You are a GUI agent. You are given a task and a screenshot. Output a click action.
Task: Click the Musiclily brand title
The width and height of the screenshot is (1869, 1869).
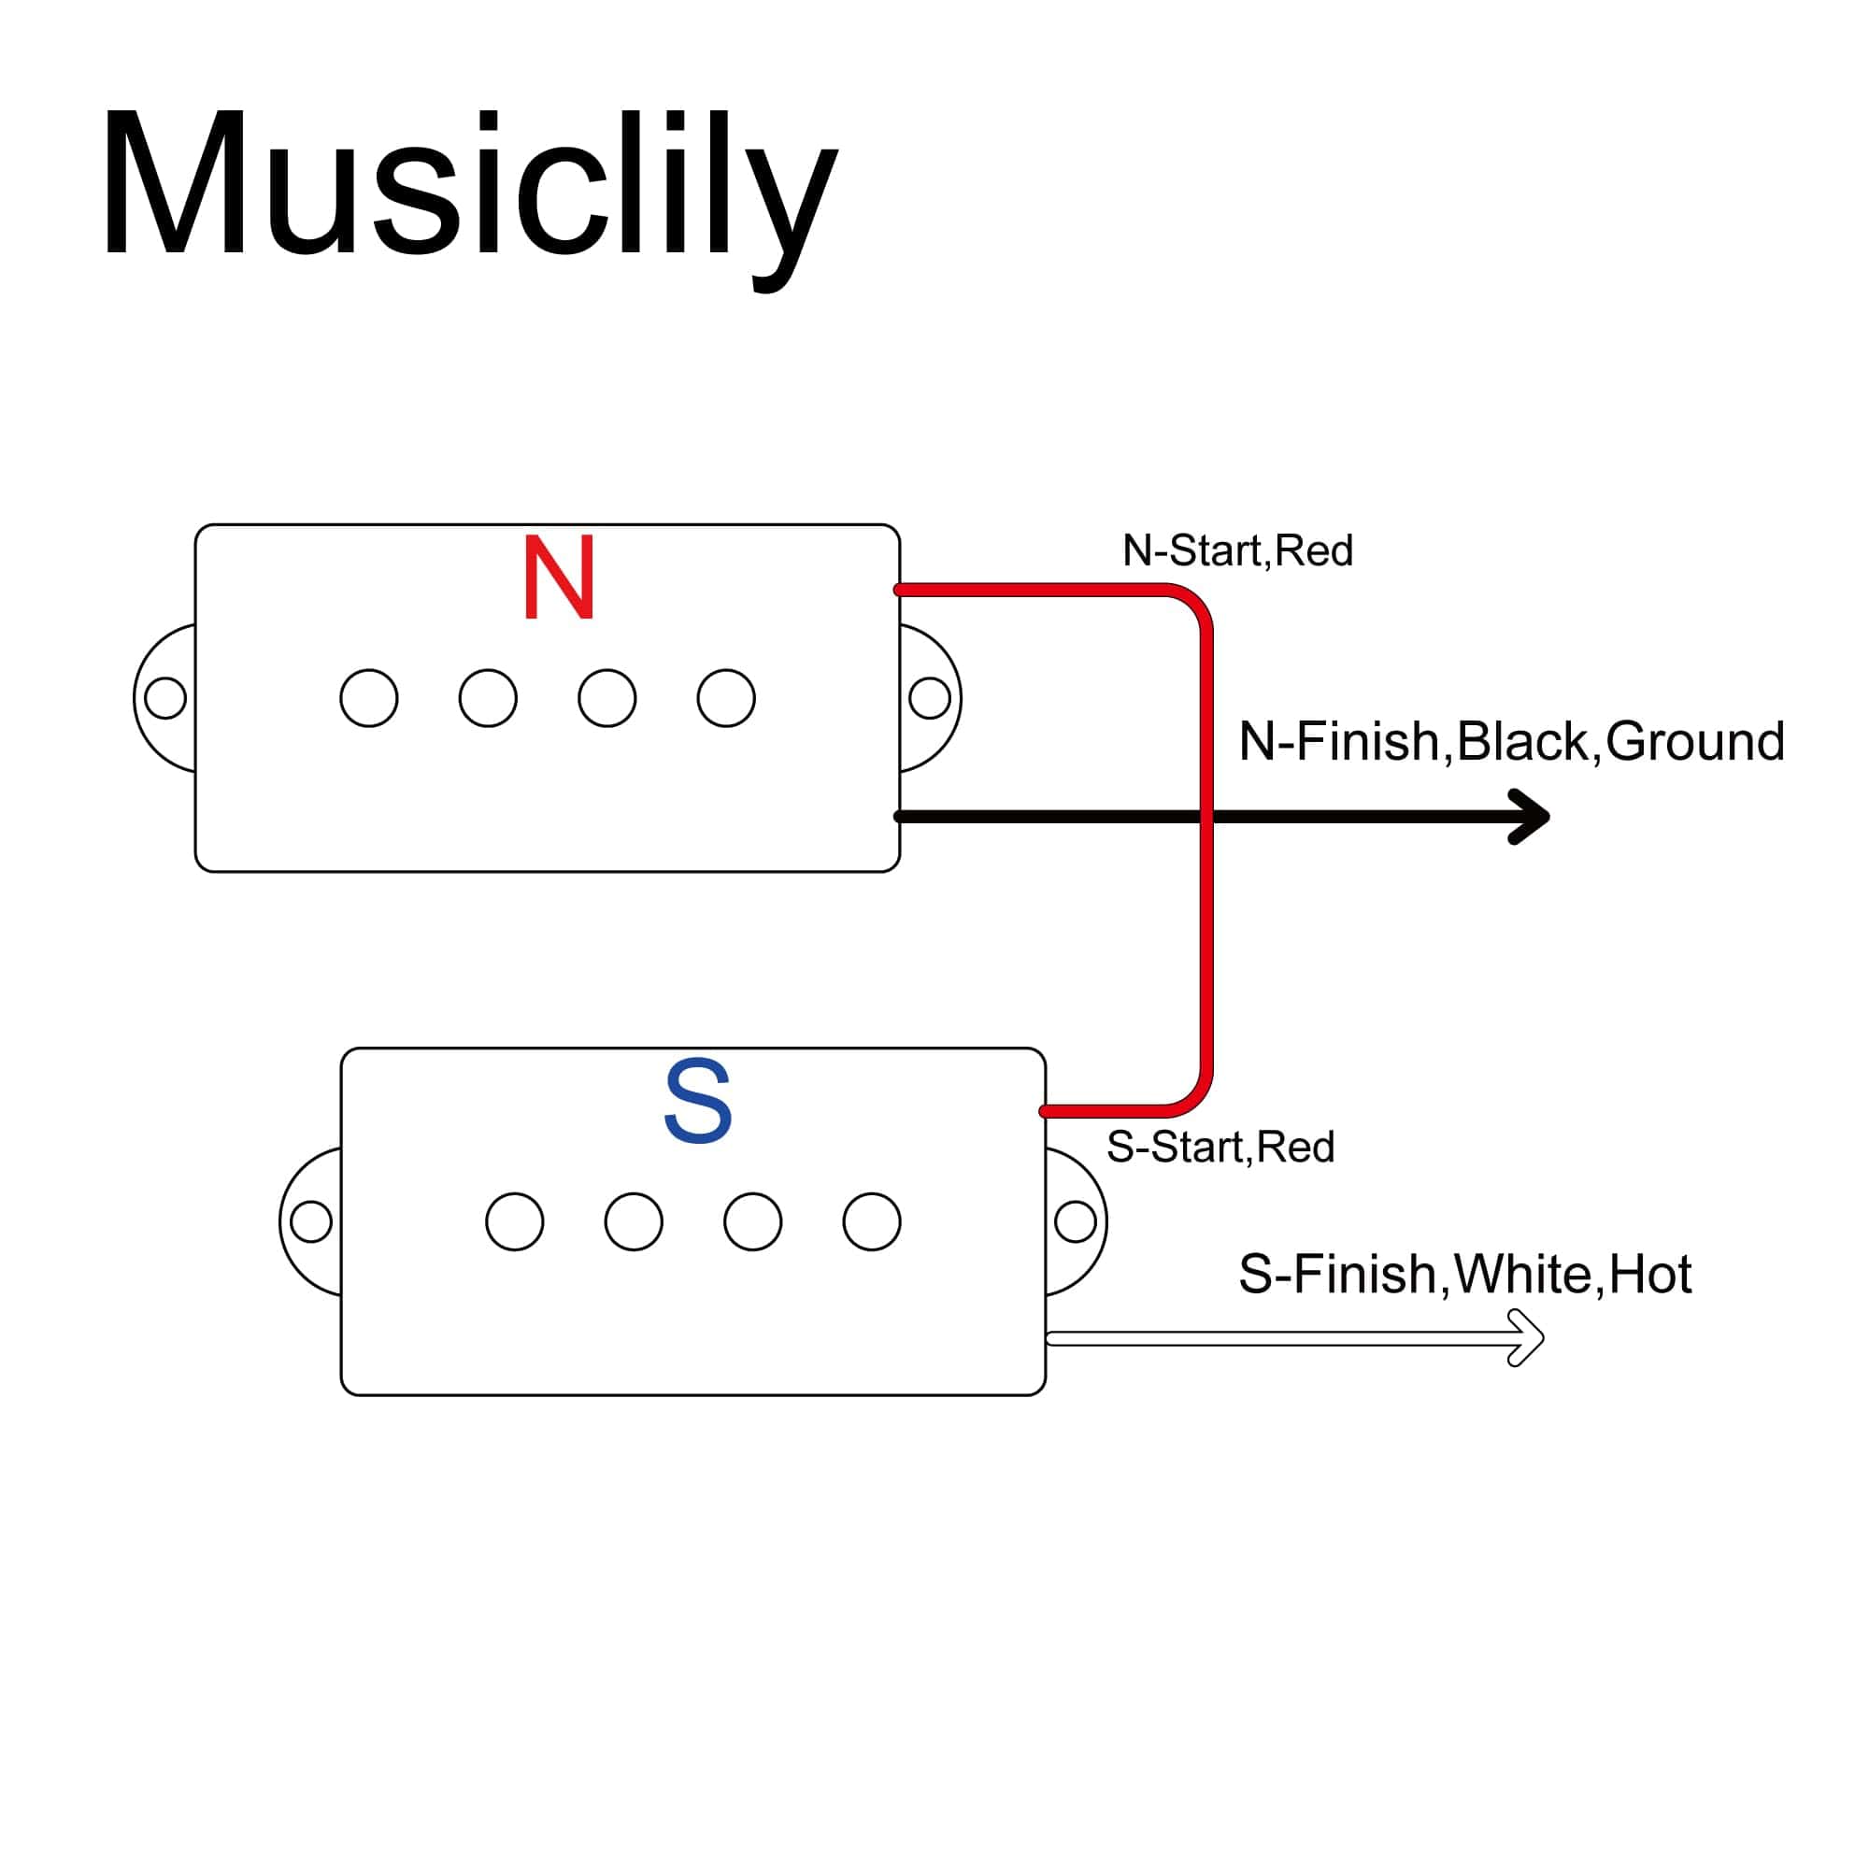pyautogui.click(x=468, y=189)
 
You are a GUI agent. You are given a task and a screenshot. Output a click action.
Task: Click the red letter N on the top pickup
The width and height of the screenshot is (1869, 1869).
pyautogui.click(x=558, y=578)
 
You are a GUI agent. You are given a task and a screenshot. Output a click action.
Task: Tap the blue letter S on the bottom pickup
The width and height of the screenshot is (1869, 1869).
pyautogui.click(x=697, y=1102)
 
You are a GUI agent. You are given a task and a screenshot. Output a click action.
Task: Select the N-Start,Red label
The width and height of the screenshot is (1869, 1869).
pyautogui.click(x=1237, y=551)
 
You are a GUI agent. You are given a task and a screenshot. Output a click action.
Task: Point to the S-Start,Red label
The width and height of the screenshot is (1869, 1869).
pyautogui.click(x=1220, y=1148)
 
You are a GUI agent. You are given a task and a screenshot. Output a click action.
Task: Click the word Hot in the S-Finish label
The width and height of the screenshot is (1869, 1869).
pyautogui.click(x=1650, y=1274)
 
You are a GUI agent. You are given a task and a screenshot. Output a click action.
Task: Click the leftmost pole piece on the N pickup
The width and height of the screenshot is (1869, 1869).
pyautogui.click(x=368, y=697)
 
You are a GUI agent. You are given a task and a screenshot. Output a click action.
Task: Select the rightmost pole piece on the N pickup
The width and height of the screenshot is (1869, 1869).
pyautogui.click(x=725, y=697)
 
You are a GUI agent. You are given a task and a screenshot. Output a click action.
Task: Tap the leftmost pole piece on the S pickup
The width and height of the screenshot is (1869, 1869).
pyautogui.click(x=515, y=1220)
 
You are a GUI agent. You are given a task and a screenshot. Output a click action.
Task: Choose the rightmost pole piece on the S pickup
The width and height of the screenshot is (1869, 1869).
pyautogui.click(x=872, y=1220)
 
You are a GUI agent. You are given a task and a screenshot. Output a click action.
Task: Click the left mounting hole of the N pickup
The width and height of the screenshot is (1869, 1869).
pyautogui.click(x=165, y=697)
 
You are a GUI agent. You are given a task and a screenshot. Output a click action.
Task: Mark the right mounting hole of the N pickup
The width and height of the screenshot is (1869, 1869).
pyautogui.click(x=930, y=697)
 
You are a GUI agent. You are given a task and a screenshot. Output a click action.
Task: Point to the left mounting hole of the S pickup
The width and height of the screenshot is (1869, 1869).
pyautogui.click(x=310, y=1220)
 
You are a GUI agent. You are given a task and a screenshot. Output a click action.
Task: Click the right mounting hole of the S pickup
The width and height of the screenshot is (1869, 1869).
pyautogui.click(x=1075, y=1220)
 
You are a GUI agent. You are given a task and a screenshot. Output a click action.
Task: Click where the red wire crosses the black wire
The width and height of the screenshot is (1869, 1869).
pyautogui.click(x=1206, y=817)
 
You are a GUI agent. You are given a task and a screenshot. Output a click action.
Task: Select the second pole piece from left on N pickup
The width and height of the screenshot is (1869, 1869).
pyautogui.click(x=488, y=697)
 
